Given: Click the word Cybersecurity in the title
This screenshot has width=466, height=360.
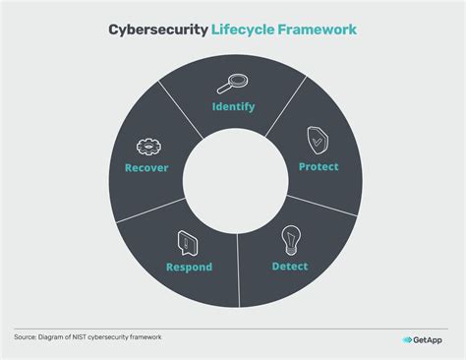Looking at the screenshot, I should [157, 30].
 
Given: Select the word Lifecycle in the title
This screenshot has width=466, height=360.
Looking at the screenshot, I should [243, 30].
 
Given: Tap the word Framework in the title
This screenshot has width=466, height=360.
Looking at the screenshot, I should [316, 30].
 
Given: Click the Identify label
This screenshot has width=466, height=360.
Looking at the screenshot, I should [234, 105].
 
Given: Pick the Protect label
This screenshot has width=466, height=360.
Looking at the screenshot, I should [319, 166].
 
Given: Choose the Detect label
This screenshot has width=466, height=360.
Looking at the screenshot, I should [289, 266].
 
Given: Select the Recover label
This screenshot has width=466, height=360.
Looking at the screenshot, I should [146, 168].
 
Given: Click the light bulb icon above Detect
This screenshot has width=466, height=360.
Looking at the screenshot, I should [290, 239].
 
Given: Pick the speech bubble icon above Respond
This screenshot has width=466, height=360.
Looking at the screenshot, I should [182, 240].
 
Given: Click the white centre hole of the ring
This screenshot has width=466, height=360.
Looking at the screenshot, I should [233, 180].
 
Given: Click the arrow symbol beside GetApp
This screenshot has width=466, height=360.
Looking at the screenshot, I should [407, 340].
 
